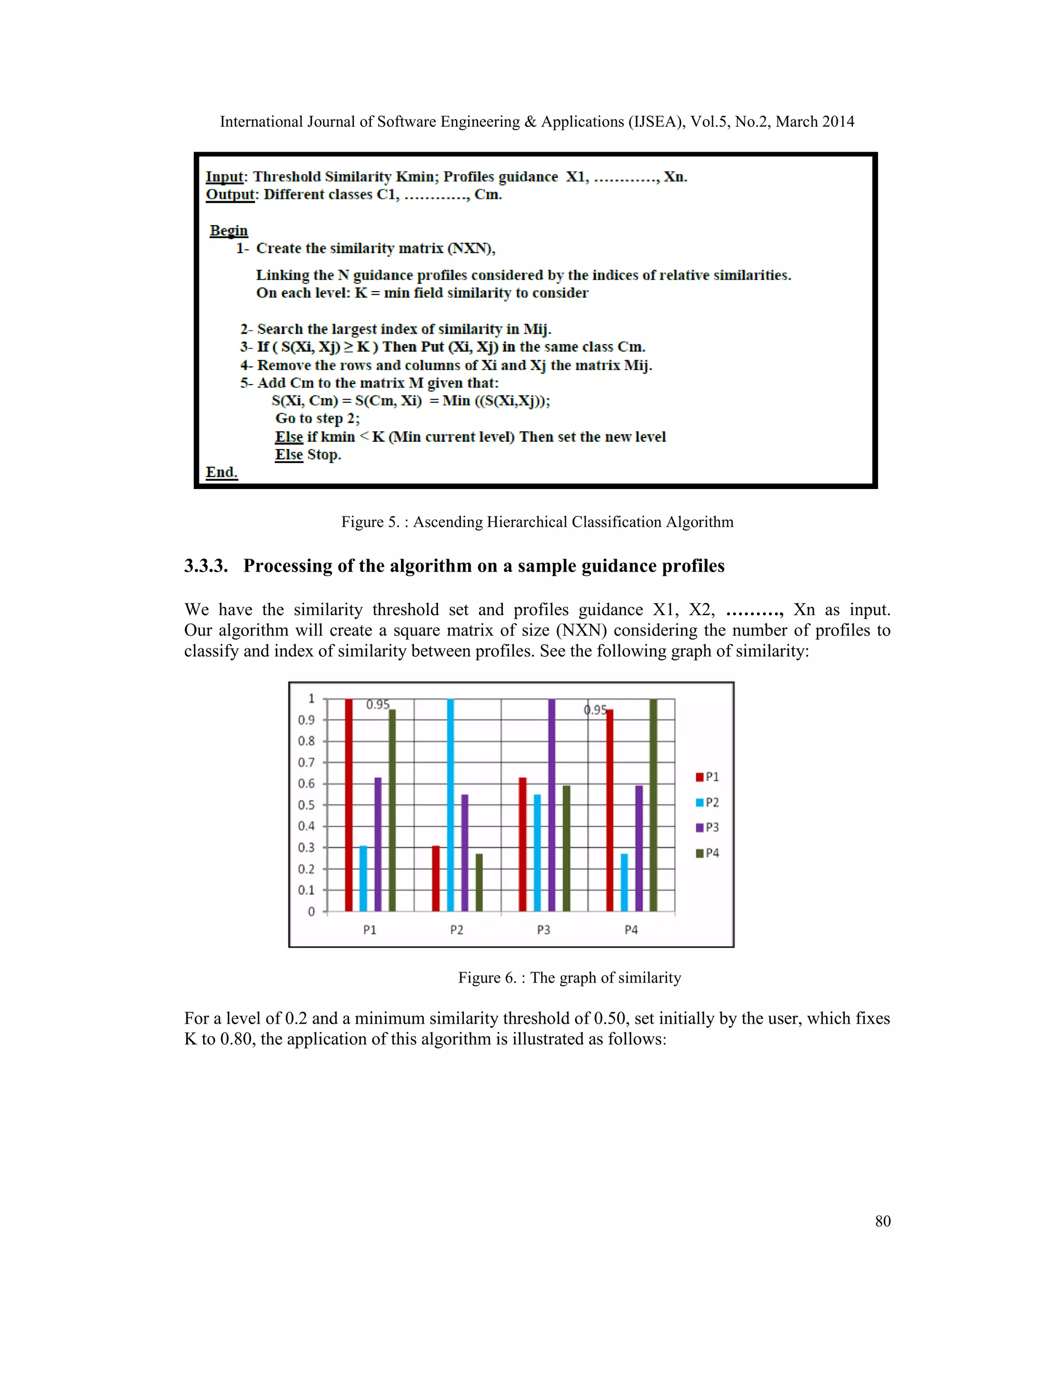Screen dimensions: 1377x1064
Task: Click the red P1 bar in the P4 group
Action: click(609, 810)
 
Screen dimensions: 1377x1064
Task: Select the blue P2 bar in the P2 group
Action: click(450, 804)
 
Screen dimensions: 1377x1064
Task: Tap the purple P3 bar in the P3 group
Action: click(552, 804)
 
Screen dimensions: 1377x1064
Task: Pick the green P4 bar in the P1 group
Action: click(392, 810)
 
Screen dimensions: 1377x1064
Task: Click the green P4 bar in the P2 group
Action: click(479, 882)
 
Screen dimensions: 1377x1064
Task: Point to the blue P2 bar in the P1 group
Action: click(363, 878)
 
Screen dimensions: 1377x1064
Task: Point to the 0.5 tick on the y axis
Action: click(307, 805)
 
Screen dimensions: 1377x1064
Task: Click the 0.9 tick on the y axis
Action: click(307, 720)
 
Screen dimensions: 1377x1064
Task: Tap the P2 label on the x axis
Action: click(456, 930)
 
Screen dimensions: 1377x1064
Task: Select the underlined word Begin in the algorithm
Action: click(229, 230)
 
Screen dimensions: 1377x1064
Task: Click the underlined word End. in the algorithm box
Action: click(222, 472)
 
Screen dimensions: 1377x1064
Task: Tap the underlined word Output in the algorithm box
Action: click(230, 194)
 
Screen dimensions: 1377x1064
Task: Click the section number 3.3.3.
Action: click(206, 565)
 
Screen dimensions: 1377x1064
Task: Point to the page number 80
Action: click(883, 1221)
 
